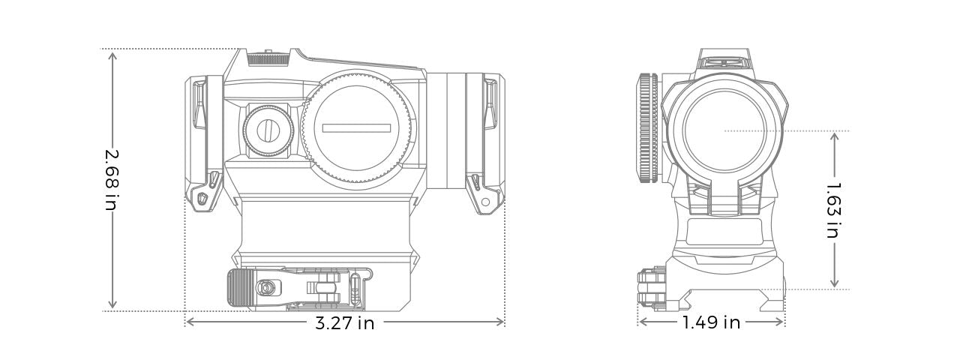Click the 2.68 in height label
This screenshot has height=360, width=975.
pos(112,178)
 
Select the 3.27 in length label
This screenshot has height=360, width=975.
pos(344,323)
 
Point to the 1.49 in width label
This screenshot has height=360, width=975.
pos(710,323)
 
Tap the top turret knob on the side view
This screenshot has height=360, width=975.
pos(268,57)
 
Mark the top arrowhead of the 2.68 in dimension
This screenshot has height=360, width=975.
pos(112,54)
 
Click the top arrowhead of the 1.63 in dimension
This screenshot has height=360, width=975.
pos(834,136)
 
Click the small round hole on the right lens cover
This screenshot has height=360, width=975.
pos(485,202)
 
